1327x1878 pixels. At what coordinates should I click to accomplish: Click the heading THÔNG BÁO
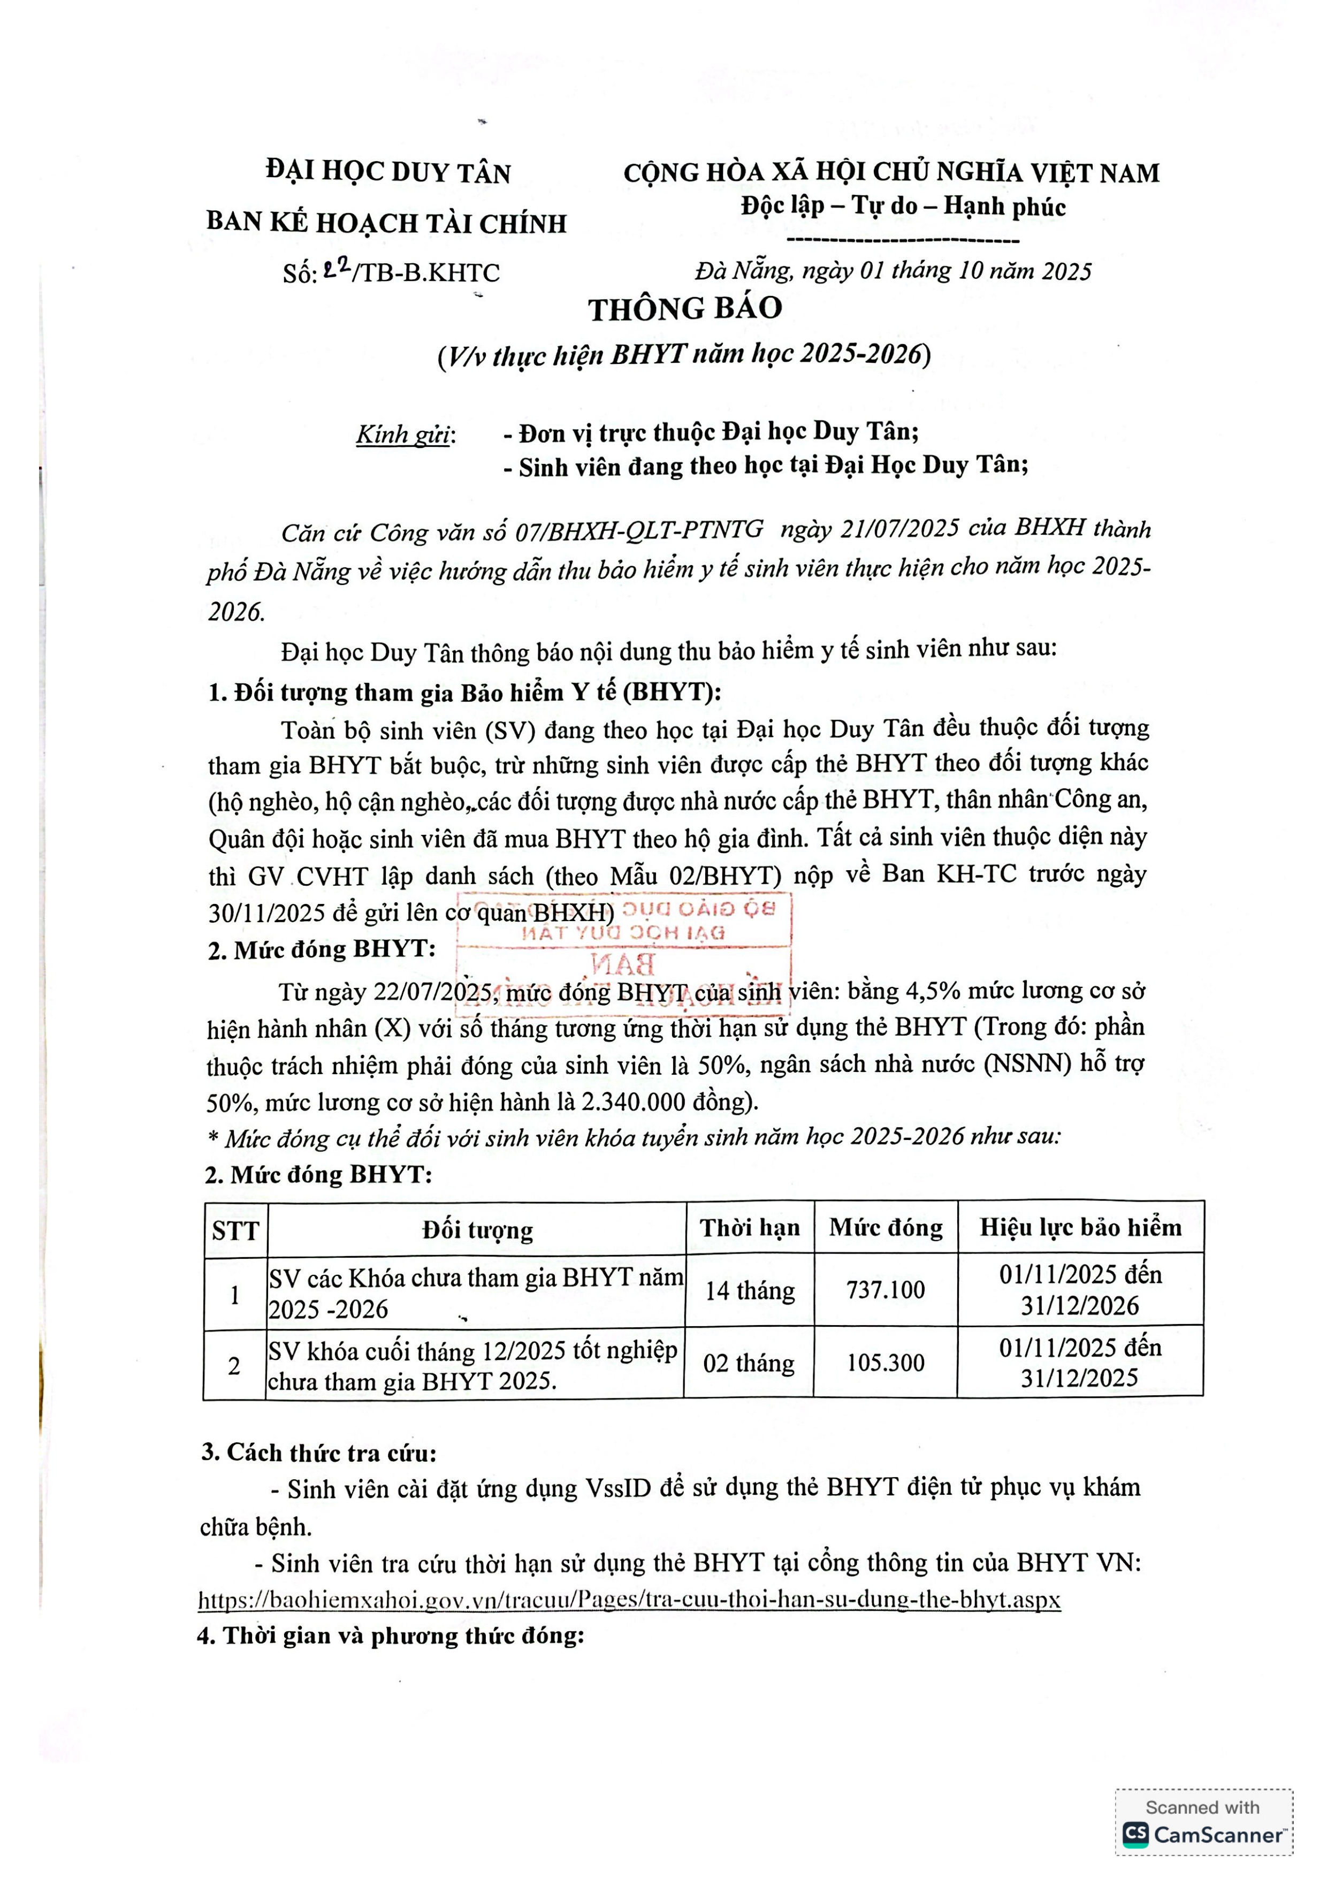click(685, 308)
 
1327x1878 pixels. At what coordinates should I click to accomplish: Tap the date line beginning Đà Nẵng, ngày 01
click(893, 271)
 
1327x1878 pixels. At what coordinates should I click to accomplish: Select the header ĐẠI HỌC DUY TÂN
click(388, 172)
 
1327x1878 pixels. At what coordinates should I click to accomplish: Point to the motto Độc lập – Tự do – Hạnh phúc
click(903, 206)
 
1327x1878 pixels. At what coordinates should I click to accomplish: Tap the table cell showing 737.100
click(886, 1290)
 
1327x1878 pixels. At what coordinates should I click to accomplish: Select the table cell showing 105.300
click(886, 1363)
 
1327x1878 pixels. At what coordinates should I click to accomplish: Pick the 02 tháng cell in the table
click(749, 1363)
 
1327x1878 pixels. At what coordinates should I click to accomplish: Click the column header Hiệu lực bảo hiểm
click(1080, 1227)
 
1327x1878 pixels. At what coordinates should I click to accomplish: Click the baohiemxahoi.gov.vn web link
click(630, 1600)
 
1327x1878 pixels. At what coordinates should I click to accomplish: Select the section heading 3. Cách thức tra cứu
click(319, 1453)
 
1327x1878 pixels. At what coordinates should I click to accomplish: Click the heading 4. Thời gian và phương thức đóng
click(391, 1636)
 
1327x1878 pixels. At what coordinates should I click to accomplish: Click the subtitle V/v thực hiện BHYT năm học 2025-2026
click(684, 355)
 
